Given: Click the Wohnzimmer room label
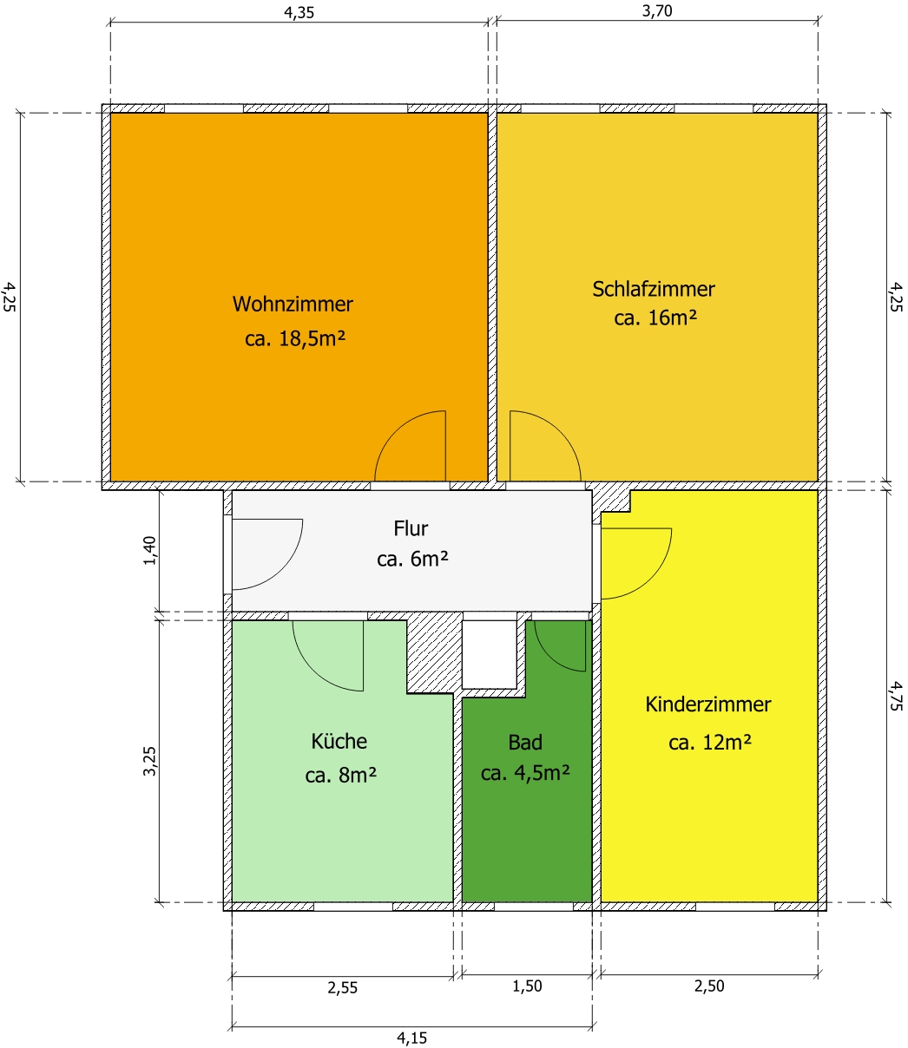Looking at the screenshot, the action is tap(293, 305).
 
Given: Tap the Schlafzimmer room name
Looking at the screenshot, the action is tap(654, 289).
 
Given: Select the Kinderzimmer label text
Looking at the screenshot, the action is tap(708, 704).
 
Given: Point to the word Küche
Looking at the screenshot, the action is tap(339, 741).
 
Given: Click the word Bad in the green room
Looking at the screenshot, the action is tap(525, 743).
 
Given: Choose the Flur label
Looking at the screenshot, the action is tap(411, 528).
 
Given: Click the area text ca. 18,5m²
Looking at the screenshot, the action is tap(295, 338).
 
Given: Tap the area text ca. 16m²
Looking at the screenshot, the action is tap(655, 318).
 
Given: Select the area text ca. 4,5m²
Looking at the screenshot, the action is tap(525, 773).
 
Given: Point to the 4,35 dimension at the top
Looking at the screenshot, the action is tap(299, 12).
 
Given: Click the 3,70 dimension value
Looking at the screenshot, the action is tap(657, 10).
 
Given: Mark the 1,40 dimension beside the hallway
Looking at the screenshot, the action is tap(150, 550).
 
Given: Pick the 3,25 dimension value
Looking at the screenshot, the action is tap(149, 761).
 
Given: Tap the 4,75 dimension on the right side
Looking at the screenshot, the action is tap(895, 696).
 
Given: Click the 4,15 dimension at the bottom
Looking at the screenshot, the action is tap(411, 1038).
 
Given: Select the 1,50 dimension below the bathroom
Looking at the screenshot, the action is tap(527, 986).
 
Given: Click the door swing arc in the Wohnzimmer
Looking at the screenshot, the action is tap(396, 431).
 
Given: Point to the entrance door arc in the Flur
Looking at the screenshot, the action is tap(282, 569).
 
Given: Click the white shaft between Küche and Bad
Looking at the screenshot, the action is tap(489, 654).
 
